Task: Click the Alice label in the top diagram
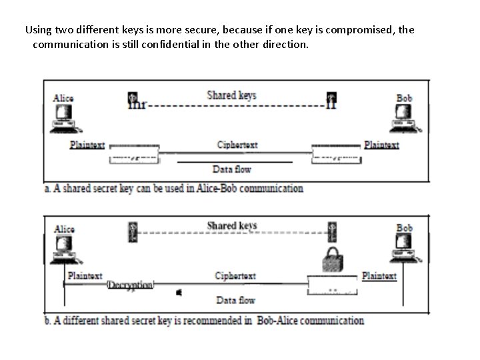tap(63, 98)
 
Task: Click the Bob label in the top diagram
tap(405, 98)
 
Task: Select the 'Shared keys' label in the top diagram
tap(231, 95)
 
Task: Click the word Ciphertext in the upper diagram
tap(237, 145)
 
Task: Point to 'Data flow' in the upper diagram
tap(231, 169)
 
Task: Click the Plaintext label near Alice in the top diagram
tap(87, 145)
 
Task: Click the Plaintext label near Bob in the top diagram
tap(381, 145)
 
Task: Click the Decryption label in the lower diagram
tap(131, 285)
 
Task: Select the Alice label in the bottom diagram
tap(65, 229)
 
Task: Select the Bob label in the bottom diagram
tap(405, 228)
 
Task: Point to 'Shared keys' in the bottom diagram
tap(231, 225)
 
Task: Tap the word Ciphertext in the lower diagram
tap(235, 275)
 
